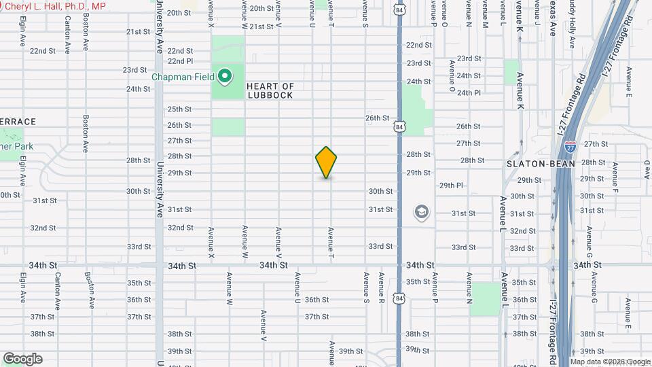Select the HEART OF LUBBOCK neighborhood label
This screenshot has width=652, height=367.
click(270, 90)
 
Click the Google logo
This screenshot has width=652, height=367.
click(22, 358)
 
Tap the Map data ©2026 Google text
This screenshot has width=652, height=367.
click(610, 362)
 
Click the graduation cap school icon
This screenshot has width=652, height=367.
click(421, 212)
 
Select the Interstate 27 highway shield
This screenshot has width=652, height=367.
click(570, 145)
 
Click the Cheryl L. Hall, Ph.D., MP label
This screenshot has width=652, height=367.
click(54, 5)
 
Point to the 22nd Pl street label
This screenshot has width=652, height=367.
click(181, 60)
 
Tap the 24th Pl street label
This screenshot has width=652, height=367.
click(469, 93)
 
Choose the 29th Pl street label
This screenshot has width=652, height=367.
click(451, 185)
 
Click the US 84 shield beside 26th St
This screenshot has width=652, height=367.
click(399, 126)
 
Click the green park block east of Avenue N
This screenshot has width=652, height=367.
click(485, 299)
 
